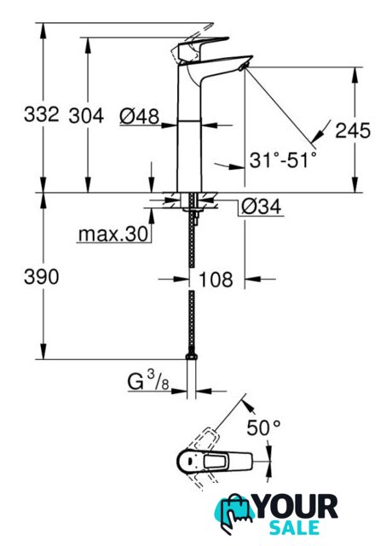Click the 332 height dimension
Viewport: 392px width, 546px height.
(42, 113)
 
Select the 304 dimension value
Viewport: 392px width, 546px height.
(86, 116)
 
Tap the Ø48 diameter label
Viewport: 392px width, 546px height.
(139, 116)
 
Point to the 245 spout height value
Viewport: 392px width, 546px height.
(353, 131)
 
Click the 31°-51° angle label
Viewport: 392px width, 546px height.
(283, 160)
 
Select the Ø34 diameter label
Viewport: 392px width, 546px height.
(262, 206)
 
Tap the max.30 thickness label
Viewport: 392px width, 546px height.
(113, 235)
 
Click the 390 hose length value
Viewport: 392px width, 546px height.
(42, 277)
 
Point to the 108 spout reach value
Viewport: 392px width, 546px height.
(216, 279)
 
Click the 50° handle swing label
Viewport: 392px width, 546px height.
(263, 427)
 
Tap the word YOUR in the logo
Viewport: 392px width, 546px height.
(296, 507)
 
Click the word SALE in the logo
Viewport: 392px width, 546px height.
(294, 527)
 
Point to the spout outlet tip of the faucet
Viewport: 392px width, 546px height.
(243, 67)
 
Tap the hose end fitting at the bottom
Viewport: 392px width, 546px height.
(191, 356)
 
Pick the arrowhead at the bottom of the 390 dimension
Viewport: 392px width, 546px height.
(43, 351)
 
